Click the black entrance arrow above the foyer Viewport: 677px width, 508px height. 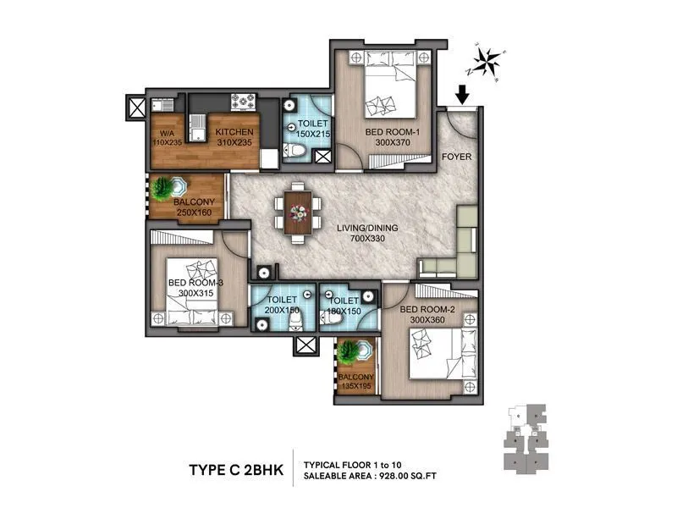[x=461, y=94]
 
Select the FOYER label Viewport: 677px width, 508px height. [x=457, y=157]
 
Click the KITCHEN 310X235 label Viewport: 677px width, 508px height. [x=234, y=138]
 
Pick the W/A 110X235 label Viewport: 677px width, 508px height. [x=168, y=138]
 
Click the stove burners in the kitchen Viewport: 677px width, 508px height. [x=245, y=102]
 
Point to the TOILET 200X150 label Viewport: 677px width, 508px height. [x=282, y=306]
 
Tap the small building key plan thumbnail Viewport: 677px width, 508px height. [x=526, y=437]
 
